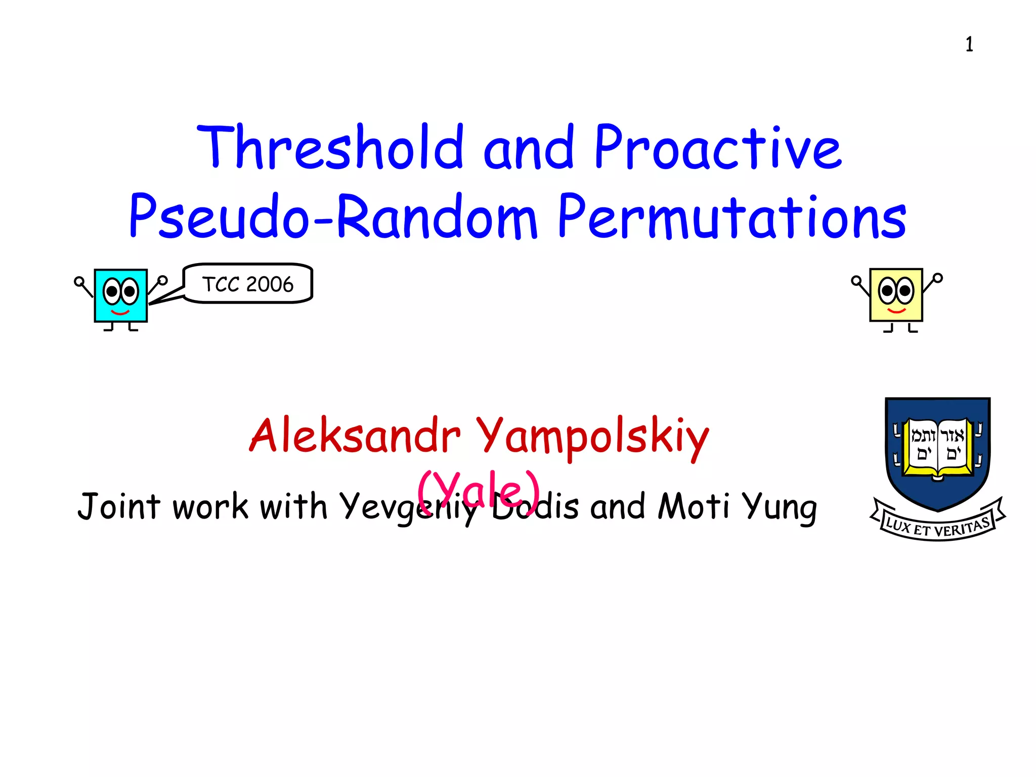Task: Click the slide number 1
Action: click(x=969, y=45)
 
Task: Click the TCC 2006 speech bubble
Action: click(x=248, y=284)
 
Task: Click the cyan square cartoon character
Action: click(x=121, y=296)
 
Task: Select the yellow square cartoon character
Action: click(x=896, y=295)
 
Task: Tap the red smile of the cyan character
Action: click(x=120, y=313)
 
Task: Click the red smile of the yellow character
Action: click(x=896, y=311)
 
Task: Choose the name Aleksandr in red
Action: click(x=355, y=436)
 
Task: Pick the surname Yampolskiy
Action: click(x=592, y=437)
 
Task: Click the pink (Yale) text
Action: click(x=478, y=490)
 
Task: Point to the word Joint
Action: click(x=119, y=506)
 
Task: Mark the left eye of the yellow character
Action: click(x=887, y=291)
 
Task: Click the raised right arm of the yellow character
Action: click(x=932, y=283)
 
